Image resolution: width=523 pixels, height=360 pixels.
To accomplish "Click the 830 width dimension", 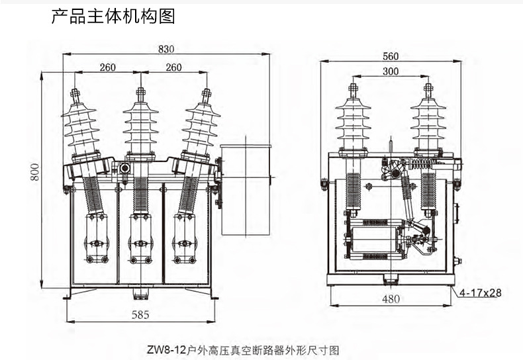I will tap(166, 48).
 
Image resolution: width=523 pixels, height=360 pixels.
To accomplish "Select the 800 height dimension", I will tap(34, 173).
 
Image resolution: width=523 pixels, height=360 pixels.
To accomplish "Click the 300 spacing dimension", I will tap(390, 71).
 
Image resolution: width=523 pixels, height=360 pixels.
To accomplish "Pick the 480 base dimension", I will tap(391, 298).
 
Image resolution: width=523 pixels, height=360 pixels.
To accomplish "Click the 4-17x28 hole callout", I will tap(487, 292).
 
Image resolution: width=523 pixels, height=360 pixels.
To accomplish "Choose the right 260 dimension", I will tap(173, 67).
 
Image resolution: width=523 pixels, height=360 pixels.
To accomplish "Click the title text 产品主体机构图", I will tap(113, 17).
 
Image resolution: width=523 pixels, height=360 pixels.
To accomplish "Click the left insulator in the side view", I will tap(354, 122).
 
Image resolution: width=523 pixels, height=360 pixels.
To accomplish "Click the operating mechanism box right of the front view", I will tap(245, 190).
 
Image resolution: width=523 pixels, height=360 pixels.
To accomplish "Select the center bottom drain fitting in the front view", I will tap(140, 294).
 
